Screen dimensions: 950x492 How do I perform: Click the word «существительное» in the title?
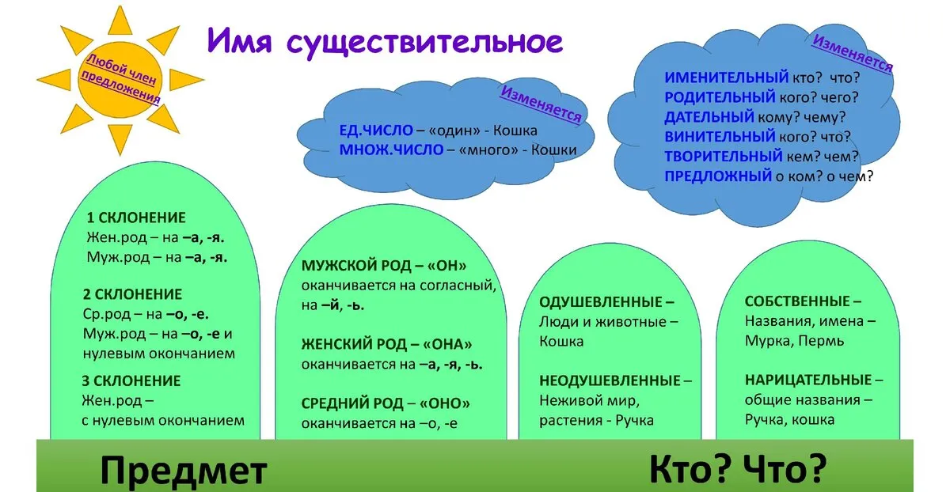click(x=425, y=43)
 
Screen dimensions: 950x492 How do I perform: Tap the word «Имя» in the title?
click(x=240, y=40)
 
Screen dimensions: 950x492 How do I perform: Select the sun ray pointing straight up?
click(x=120, y=21)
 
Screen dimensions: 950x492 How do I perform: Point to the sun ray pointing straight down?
click(x=120, y=139)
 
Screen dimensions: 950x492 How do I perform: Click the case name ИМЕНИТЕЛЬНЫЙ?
click(x=727, y=78)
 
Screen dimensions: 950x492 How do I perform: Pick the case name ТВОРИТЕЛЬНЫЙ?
click(x=723, y=157)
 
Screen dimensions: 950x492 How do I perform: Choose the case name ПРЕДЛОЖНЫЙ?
click(x=718, y=176)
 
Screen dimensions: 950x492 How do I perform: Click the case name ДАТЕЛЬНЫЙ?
click(x=709, y=117)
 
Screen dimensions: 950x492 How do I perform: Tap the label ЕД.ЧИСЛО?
click(x=376, y=130)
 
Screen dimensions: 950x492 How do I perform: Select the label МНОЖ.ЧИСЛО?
click(x=391, y=149)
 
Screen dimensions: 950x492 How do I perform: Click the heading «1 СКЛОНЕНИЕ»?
click(x=136, y=218)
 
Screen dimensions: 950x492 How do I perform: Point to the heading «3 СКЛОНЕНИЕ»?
click(x=131, y=381)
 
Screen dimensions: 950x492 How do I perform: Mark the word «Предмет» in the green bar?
click(x=184, y=471)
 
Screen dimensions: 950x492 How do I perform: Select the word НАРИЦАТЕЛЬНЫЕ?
click(x=808, y=380)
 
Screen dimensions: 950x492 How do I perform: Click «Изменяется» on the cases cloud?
click(x=853, y=54)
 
